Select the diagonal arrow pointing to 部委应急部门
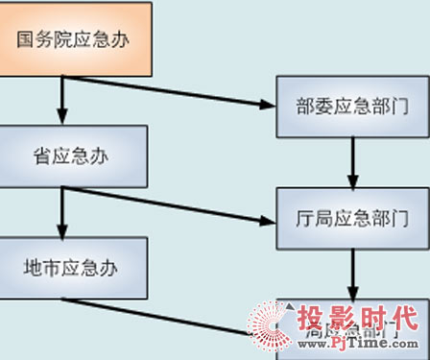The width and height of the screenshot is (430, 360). pyautogui.click(x=173, y=91)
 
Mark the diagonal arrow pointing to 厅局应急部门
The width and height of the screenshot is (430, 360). pyautogui.click(x=173, y=204)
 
